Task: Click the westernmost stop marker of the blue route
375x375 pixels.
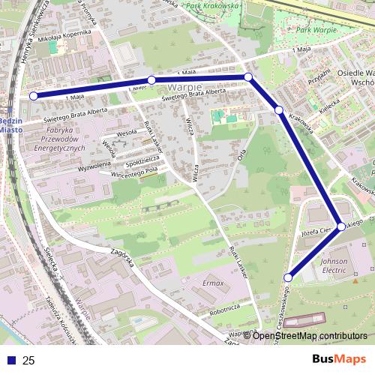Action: (33, 96)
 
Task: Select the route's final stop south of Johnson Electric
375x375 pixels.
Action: (288, 277)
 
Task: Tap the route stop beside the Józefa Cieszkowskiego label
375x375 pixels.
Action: (341, 226)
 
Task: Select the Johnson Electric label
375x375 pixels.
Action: (334, 266)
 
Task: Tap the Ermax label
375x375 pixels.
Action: (213, 283)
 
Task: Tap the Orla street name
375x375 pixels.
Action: (241, 154)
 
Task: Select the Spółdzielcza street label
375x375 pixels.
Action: (141, 160)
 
